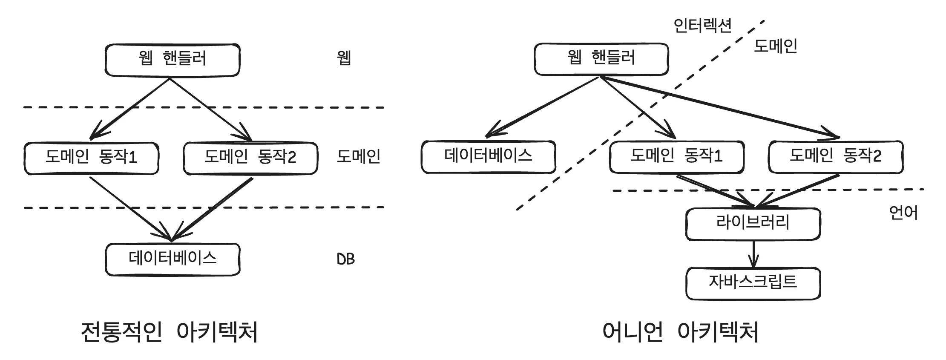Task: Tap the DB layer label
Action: coord(345,259)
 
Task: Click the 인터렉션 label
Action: coord(702,26)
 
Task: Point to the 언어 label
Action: coord(903,212)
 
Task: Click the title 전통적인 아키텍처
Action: coord(169,332)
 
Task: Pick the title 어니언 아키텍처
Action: coord(680,332)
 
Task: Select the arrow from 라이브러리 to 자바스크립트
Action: coord(753,254)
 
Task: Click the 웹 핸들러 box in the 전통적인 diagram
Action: coord(172,60)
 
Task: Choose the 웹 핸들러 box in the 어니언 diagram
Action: coord(601,59)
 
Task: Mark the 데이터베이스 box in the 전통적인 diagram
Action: coord(173,259)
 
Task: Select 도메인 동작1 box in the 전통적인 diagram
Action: coord(91,158)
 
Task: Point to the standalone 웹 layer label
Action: coord(344,58)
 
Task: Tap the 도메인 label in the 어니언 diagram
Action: coord(775,46)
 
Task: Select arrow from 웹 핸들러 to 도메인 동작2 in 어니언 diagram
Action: coord(720,107)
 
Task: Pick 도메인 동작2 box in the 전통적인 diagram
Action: coord(250,158)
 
